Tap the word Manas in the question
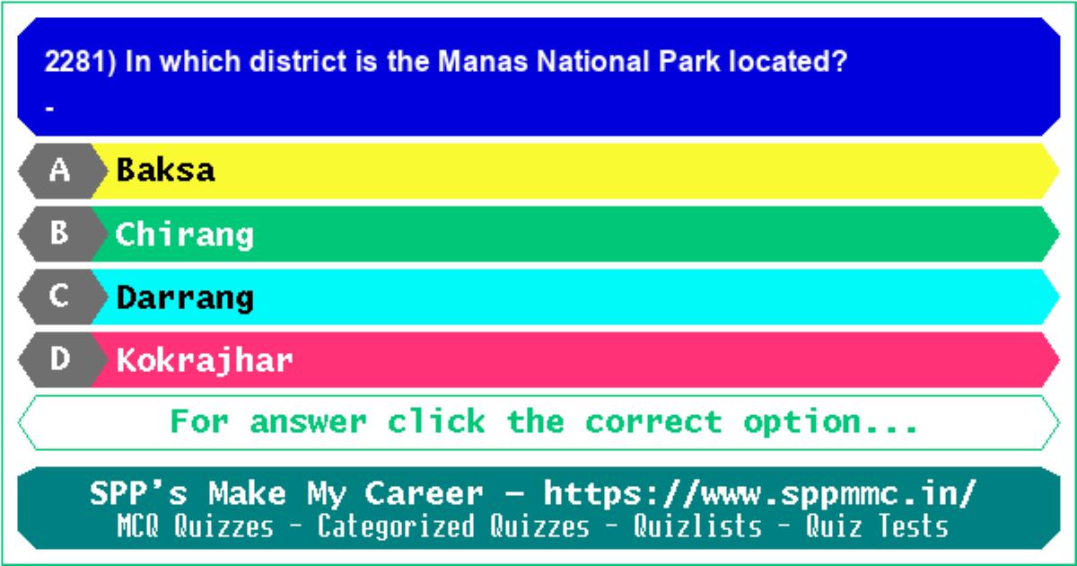483,62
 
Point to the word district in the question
298,62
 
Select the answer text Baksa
165,170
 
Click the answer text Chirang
185,235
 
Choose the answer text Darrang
185,298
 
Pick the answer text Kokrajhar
205,361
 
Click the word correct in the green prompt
654,422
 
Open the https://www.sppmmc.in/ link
760,494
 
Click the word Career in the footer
424,494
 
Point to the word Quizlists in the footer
697,526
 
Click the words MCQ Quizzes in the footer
196,526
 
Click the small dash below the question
49,109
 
